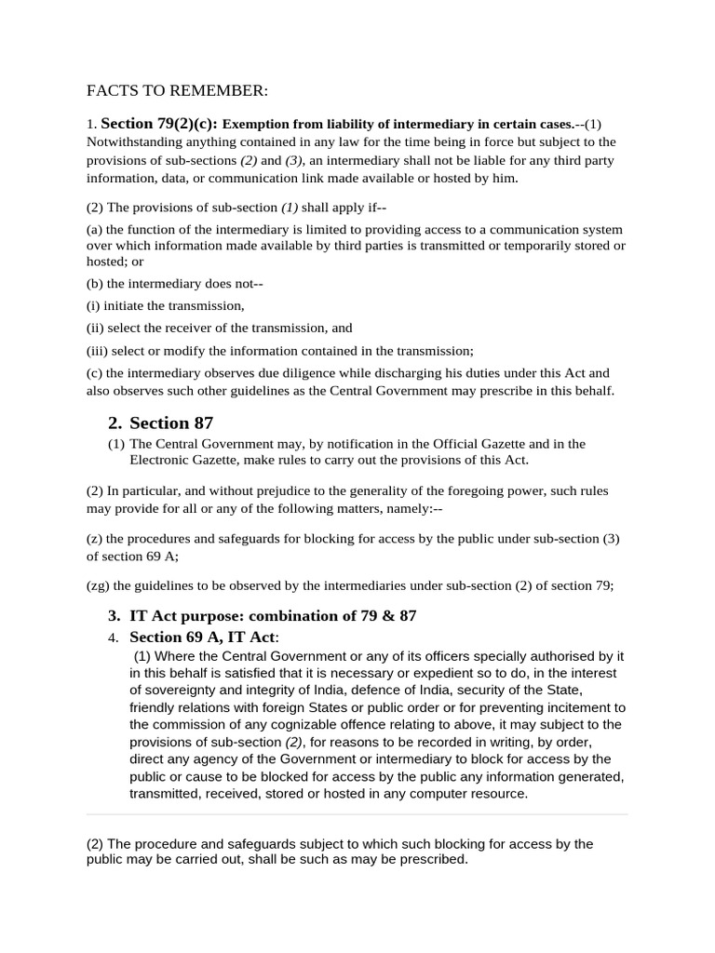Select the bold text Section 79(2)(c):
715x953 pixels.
click(x=159, y=124)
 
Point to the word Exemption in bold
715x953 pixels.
click(x=256, y=125)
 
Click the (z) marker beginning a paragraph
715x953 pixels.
click(x=94, y=539)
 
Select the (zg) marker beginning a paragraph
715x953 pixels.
click(x=98, y=585)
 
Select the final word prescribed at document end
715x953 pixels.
click(x=432, y=860)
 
